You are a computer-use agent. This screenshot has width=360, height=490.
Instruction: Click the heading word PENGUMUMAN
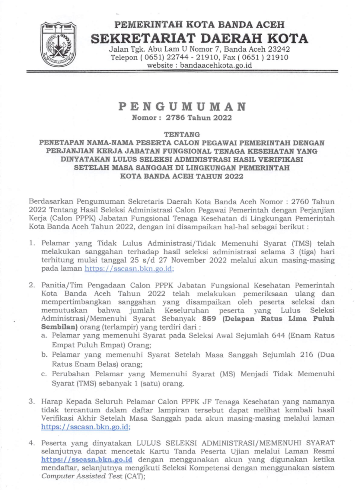[182, 107]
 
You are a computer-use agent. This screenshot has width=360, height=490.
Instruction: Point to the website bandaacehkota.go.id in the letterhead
[216, 65]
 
